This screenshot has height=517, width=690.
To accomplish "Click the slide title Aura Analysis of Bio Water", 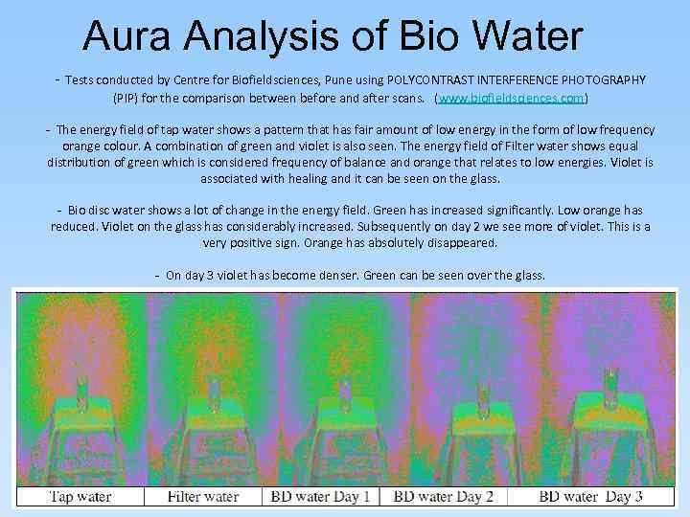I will [333, 36].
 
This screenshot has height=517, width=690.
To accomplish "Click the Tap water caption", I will [80, 496].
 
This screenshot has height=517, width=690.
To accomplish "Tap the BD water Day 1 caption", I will [324, 496].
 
